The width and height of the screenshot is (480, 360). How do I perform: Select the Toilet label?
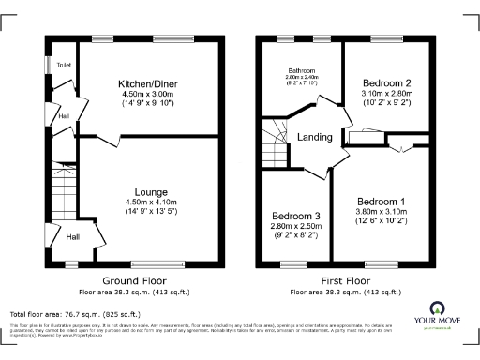[x=64, y=65]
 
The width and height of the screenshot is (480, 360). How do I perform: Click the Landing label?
[x=315, y=138]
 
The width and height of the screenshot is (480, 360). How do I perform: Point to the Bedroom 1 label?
[x=382, y=202]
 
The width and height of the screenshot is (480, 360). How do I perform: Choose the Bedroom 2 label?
[x=388, y=83]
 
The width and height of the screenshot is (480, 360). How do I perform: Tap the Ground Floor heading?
[x=134, y=280]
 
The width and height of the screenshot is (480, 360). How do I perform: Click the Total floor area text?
[x=75, y=314]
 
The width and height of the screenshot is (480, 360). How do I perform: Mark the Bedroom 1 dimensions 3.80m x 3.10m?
[x=382, y=213]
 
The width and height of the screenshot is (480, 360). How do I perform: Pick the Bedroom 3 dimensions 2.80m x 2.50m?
[x=296, y=226]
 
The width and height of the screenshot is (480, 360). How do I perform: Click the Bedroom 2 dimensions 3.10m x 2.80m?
[x=388, y=95]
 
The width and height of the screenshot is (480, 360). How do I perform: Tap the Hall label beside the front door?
[x=73, y=236]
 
